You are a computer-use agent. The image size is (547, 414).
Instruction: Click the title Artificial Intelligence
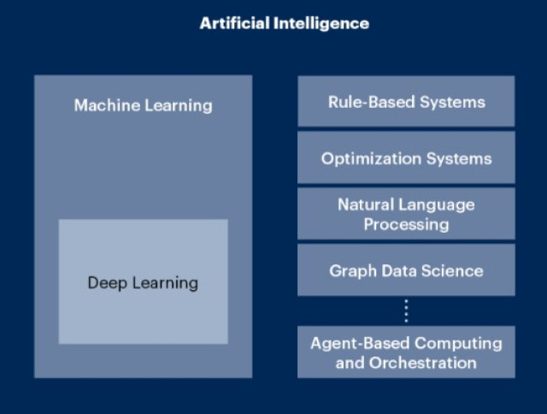click(x=285, y=24)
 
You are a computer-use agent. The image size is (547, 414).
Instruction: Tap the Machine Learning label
click(x=143, y=105)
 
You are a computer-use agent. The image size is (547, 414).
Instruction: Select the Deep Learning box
click(x=144, y=281)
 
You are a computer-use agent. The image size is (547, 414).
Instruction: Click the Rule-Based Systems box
click(x=406, y=101)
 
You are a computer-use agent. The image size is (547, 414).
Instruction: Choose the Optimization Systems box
click(x=406, y=157)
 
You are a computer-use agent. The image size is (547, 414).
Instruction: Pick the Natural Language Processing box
click(x=406, y=214)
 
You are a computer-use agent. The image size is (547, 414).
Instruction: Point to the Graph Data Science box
click(x=406, y=269)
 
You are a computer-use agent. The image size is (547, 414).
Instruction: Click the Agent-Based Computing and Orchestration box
click(x=406, y=352)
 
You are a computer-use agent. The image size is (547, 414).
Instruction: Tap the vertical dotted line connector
click(x=406, y=311)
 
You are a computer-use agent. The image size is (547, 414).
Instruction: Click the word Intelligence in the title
click(x=321, y=24)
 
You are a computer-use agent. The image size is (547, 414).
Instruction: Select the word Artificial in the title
click(x=235, y=23)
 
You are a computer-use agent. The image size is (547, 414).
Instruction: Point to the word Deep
click(x=107, y=283)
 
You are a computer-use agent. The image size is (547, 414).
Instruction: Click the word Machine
click(x=107, y=105)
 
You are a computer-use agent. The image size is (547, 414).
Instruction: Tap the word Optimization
click(x=371, y=159)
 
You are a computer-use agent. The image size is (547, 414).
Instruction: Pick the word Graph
click(x=353, y=271)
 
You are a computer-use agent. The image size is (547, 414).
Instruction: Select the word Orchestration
click(x=423, y=363)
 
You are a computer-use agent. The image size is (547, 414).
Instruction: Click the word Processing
click(x=407, y=224)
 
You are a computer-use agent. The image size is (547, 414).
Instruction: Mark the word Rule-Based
click(x=372, y=102)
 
